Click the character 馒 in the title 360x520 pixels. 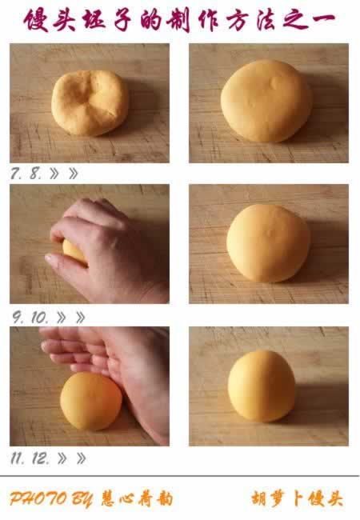37,20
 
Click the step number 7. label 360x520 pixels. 17,173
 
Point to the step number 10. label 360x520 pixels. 40,318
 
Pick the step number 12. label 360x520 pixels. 41,458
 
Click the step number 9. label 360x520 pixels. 18,318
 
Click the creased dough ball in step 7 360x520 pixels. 90,102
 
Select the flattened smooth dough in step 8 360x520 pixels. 266,101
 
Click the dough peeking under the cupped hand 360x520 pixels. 74,252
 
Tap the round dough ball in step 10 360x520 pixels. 268,243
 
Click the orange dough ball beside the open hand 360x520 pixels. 91,402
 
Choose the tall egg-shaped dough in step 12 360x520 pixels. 262,386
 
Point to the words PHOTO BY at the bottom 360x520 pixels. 50,499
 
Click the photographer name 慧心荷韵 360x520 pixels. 137,498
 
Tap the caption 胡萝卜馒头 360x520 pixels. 297,498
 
